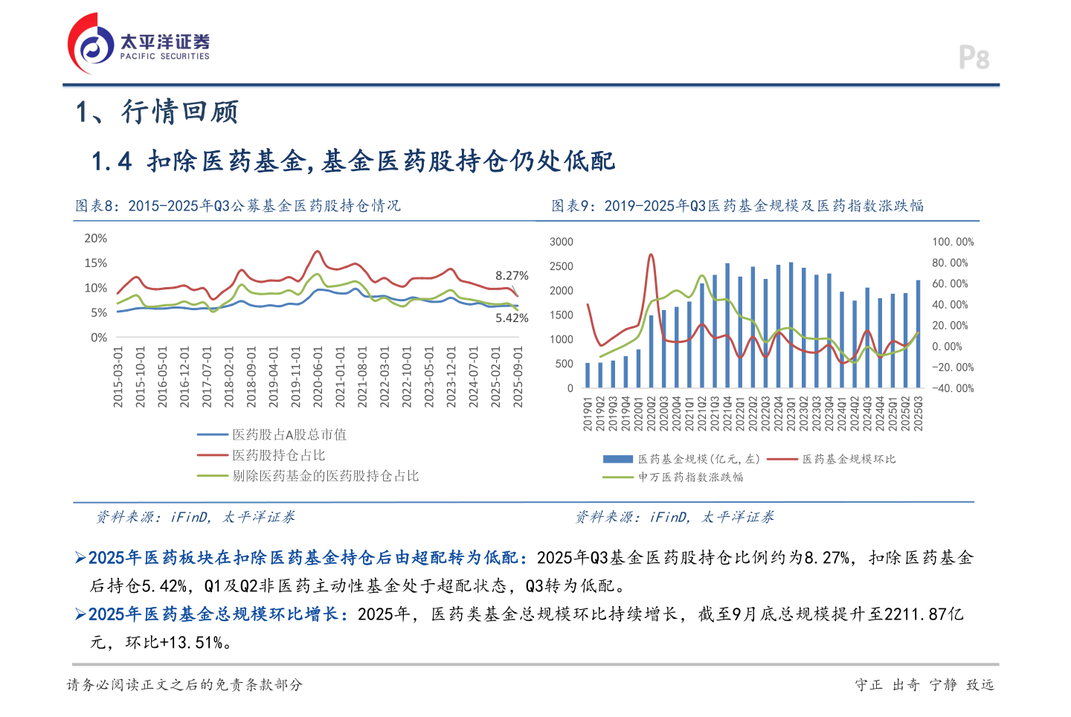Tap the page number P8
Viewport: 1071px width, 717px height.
(x=974, y=58)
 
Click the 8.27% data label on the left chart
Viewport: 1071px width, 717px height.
(x=512, y=276)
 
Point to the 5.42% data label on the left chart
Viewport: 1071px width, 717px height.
(x=512, y=318)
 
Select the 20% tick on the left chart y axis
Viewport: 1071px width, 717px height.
(x=95, y=239)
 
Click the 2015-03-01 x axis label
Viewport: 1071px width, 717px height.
(x=118, y=376)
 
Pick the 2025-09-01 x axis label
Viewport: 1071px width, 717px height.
(x=518, y=376)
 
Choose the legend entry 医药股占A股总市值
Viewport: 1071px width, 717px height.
(x=289, y=434)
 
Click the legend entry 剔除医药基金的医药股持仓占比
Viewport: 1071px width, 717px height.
(x=325, y=476)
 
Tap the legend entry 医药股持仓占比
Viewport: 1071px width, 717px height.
(x=278, y=455)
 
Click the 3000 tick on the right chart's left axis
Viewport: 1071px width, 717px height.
(x=562, y=242)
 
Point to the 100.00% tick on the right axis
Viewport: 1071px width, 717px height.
(x=953, y=242)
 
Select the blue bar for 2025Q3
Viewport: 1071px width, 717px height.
(x=918, y=334)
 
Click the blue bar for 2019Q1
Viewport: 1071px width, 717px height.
(x=588, y=375)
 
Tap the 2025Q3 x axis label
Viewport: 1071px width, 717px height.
(x=919, y=413)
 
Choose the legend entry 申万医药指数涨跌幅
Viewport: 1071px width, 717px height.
(x=690, y=478)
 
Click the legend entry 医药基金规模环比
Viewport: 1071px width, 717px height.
(x=849, y=460)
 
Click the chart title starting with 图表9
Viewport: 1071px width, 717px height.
(x=737, y=206)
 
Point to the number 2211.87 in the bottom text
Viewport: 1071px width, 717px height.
(x=916, y=614)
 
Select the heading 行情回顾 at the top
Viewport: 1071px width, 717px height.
(x=179, y=112)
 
